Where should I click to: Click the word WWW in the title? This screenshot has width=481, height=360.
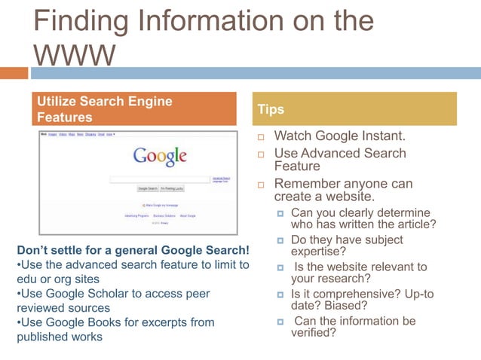click(x=74, y=54)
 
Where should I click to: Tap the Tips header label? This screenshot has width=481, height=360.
click(x=271, y=109)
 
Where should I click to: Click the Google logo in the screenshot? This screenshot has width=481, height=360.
click(x=159, y=156)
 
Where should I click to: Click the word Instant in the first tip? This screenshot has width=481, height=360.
click(x=383, y=136)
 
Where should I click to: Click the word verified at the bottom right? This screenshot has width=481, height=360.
click(x=314, y=333)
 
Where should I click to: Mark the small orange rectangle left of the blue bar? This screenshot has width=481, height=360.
click(x=14, y=73)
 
